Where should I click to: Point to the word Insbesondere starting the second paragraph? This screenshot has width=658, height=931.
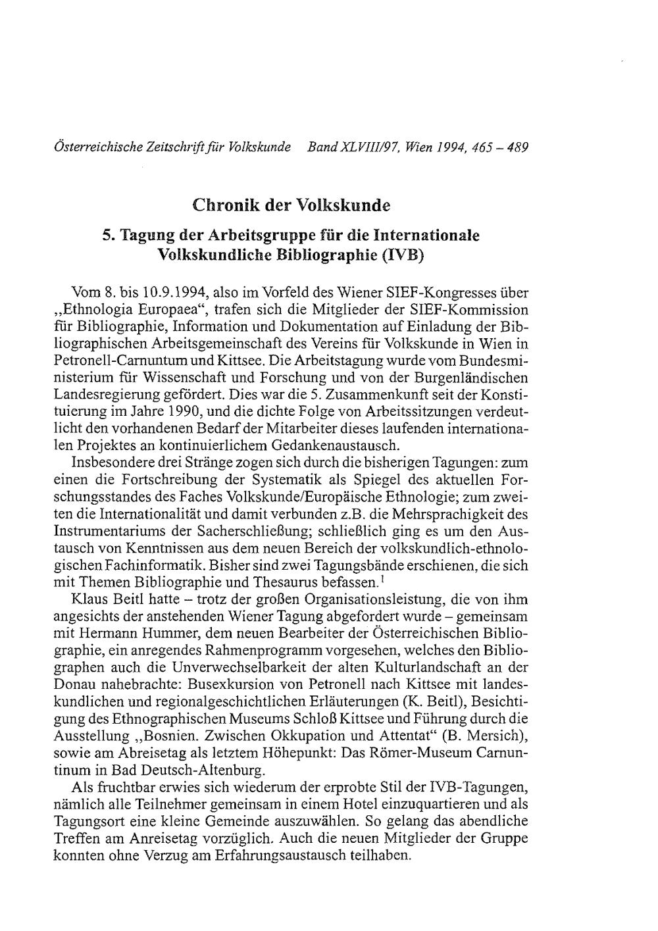[x=108, y=463]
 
